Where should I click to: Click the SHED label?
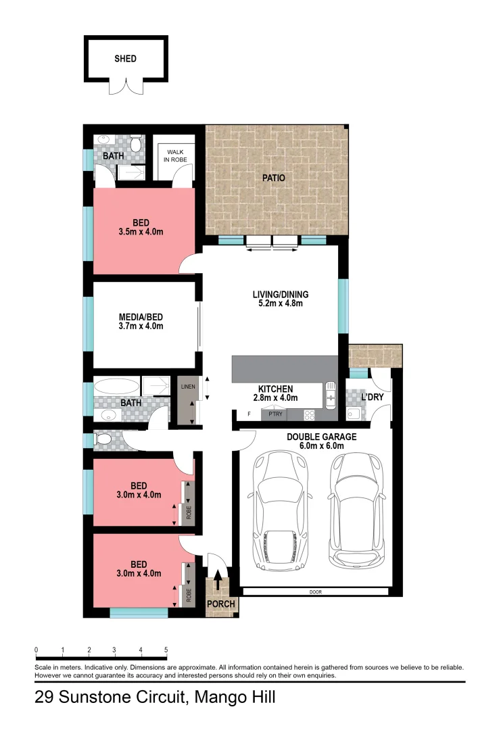(x=125, y=59)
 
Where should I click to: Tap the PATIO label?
(x=274, y=178)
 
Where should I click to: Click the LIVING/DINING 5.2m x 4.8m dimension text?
(x=280, y=303)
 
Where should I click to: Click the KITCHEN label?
(x=276, y=389)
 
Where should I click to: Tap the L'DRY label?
(x=373, y=397)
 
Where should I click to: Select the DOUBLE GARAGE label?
(x=322, y=437)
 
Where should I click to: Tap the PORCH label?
(x=222, y=604)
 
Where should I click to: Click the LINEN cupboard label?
(x=187, y=387)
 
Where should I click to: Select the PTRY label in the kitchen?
(x=275, y=414)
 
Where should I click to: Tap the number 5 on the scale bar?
(x=166, y=650)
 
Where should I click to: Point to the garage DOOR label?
(x=316, y=591)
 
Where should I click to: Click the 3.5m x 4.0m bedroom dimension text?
(x=141, y=232)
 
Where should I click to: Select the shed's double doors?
(x=126, y=87)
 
